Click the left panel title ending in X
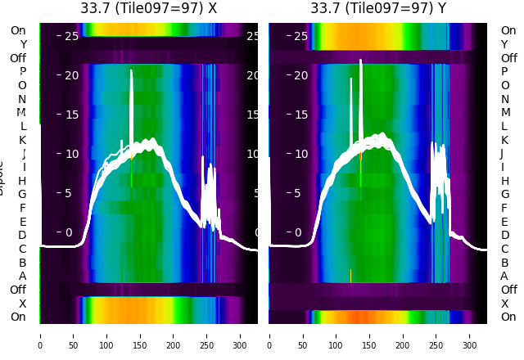149,8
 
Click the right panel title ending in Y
378,8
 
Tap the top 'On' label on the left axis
18,30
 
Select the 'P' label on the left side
22,71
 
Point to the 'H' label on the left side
22,181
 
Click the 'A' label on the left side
22,276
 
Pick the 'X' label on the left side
22,304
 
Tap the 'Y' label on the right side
504,44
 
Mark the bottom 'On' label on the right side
508,317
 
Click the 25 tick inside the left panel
71,36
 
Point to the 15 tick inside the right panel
300,115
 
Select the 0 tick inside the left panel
69,232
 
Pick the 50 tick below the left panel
74,335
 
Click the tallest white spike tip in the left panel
131,70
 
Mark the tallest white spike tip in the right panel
360,60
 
